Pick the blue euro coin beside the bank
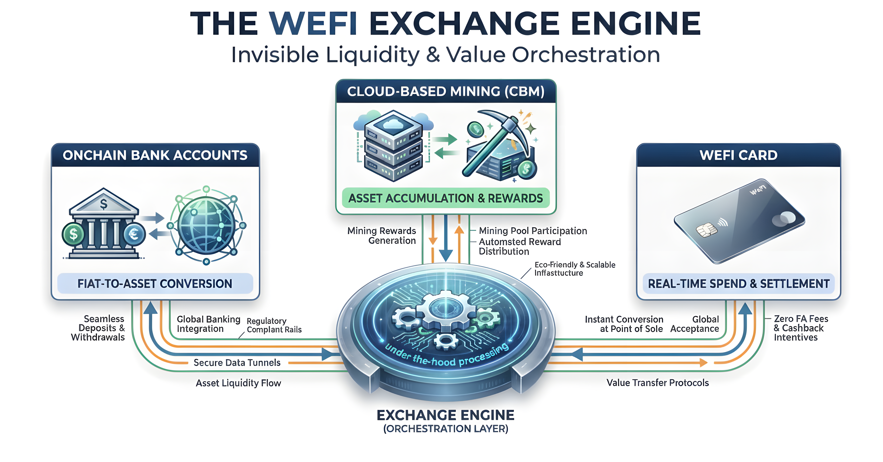tap(134, 234)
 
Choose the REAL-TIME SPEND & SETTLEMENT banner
tap(738, 284)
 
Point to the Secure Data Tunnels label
tap(237, 363)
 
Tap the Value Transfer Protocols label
tap(657, 383)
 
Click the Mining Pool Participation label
tap(533, 231)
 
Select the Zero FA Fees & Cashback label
tap(800, 328)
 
